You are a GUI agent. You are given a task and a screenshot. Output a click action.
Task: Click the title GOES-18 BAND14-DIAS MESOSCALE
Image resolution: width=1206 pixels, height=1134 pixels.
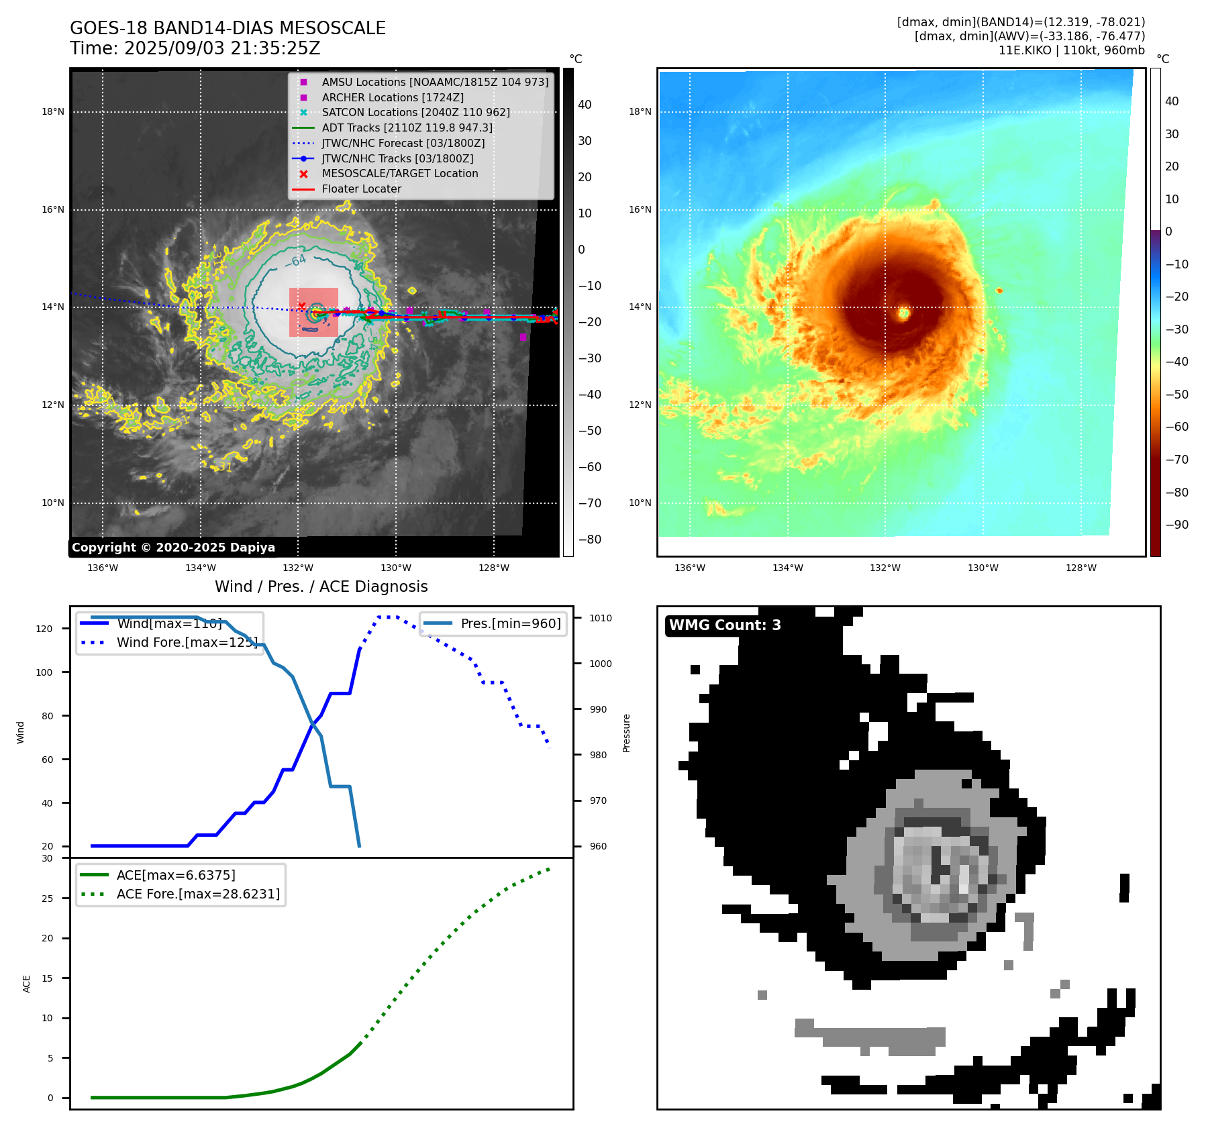pyautogui.click(x=228, y=28)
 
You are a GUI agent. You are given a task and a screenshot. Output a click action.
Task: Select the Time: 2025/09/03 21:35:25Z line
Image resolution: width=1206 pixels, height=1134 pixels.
pyautogui.click(x=195, y=48)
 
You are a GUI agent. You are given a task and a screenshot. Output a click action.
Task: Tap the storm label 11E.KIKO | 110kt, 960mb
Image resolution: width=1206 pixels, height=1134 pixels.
pyautogui.click(x=1071, y=50)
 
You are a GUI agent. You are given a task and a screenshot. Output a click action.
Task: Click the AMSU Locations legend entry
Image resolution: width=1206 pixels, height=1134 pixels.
pyautogui.click(x=434, y=82)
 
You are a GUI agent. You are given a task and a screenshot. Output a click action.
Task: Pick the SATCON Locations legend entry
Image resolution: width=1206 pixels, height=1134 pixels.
pyautogui.click(x=415, y=112)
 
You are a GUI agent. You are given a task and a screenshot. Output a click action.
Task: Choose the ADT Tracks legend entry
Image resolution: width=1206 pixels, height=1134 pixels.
pyautogui.click(x=407, y=127)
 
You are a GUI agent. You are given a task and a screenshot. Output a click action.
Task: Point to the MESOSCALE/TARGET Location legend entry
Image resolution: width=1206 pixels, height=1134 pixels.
pyautogui.click(x=399, y=173)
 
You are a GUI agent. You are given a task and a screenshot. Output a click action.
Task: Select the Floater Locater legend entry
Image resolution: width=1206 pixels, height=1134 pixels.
pyautogui.click(x=361, y=189)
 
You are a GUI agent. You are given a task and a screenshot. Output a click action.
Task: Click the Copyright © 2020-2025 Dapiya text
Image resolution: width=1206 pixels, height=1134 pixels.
pyautogui.click(x=173, y=548)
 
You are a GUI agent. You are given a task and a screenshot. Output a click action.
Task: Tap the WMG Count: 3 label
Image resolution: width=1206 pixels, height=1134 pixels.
pyautogui.click(x=725, y=625)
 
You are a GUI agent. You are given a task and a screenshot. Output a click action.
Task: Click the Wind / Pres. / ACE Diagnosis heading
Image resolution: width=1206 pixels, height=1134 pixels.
pyautogui.click(x=321, y=586)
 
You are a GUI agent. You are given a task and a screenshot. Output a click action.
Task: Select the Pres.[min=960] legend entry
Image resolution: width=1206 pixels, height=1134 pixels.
pyautogui.click(x=510, y=623)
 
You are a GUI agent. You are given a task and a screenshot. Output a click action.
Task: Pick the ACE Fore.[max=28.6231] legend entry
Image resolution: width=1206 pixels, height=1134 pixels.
pyautogui.click(x=198, y=894)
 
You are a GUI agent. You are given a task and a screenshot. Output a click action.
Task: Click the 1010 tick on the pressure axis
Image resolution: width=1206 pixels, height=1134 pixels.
pyautogui.click(x=601, y=618)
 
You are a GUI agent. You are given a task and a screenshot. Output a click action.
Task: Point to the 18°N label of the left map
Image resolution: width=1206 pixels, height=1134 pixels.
pyautogui.click(x=53, y=111)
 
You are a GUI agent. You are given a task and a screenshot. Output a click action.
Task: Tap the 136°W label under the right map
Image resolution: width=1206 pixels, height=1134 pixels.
pyautogui.click(x=689, y=568)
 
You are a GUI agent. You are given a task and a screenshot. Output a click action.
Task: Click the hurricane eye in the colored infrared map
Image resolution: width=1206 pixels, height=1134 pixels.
pyautogui.click(x=904, y=313)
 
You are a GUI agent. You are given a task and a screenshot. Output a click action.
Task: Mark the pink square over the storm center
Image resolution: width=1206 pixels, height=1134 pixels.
pyautogui.click(x=313, y=312)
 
